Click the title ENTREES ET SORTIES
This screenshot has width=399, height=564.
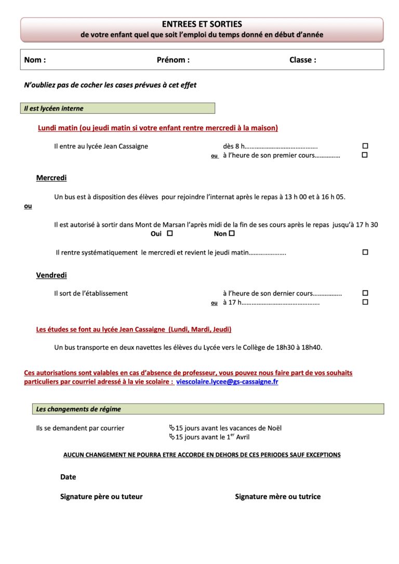(x=202, y=24)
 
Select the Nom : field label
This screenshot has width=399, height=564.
(x=35, y=60)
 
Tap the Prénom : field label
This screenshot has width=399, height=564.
(x=173, y=60)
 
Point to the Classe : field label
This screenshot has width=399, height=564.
(x=302, y=60)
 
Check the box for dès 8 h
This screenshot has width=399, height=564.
(x=365, y=146)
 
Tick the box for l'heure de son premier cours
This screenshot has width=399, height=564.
(x=365, y=155)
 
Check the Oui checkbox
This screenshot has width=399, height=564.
(x=170, y=234)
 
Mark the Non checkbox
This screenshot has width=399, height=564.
(x=232, y=234)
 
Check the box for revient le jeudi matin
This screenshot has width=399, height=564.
(x=365, y=252)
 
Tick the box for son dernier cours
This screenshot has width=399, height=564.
(x=365, y=293)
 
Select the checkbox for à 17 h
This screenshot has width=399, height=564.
(x=365, y=302)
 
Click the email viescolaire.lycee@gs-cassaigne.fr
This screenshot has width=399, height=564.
(x=227, y=382)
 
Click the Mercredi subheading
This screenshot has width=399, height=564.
(x=51, y=178)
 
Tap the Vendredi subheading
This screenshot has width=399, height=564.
(x=51, y=275)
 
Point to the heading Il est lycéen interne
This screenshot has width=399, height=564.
(x=54, y=109)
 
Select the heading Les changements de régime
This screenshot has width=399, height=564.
(x=78, y=409)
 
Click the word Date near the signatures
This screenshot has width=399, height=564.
(x=68, y=477)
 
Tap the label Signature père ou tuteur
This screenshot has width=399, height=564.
(x=101, y=496)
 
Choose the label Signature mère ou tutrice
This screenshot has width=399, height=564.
(x=277, y=496)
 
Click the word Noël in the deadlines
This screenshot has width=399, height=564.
(x=273, y=428)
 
